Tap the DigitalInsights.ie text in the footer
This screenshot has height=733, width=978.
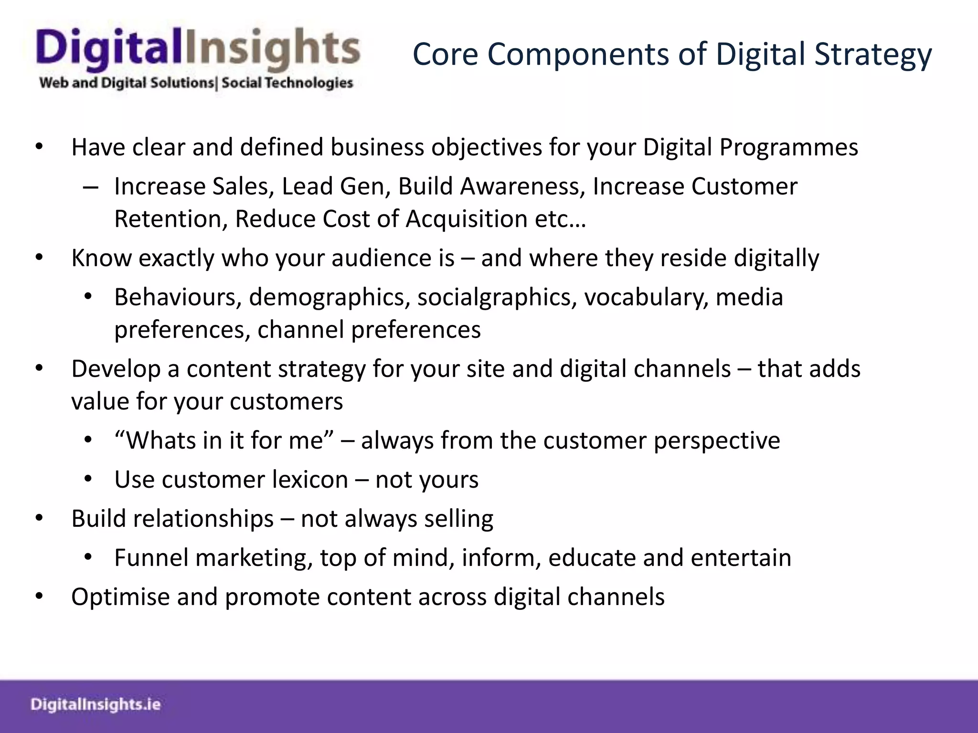coord(96,704)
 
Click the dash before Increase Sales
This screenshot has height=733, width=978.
coord(90,187)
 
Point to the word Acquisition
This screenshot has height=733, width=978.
coord(467,220)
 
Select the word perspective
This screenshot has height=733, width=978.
coord(716,440)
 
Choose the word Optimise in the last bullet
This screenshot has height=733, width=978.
coord(120,597)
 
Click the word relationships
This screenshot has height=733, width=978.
coord(203,519)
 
